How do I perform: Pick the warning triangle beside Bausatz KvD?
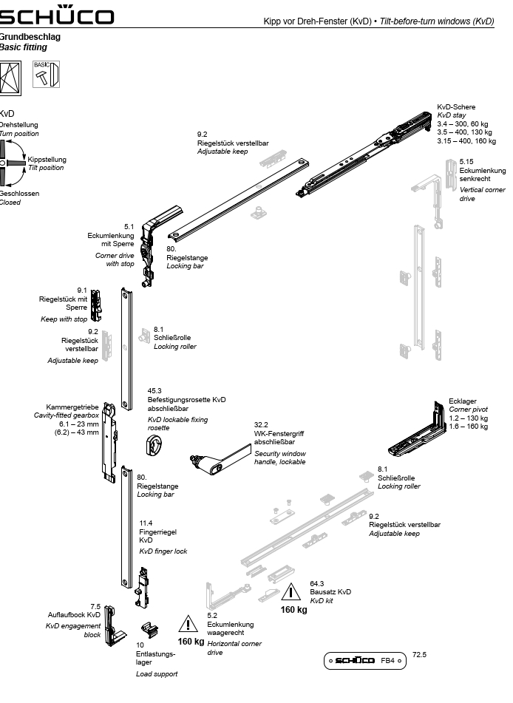293,593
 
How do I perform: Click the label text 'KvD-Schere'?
456,107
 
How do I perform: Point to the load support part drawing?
150,629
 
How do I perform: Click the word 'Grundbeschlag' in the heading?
30,36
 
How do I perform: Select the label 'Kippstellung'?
47,159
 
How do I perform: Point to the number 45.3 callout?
154,390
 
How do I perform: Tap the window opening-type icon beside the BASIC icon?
11,75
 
